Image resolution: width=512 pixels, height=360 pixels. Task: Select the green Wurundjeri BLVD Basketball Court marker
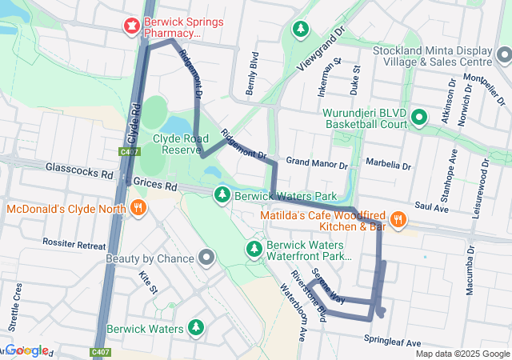(418, 118)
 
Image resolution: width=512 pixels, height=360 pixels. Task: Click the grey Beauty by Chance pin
(207, 258)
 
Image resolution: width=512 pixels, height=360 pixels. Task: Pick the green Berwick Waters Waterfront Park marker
(254, 249)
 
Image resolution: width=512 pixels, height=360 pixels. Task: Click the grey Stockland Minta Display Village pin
(503, 55)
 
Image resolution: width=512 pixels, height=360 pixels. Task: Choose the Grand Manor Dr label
(317, 163)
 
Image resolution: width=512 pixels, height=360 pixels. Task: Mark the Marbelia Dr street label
(387, 166)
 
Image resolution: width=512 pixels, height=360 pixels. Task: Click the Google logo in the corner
(26, 350)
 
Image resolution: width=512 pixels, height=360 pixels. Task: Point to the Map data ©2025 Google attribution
(462, 354)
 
